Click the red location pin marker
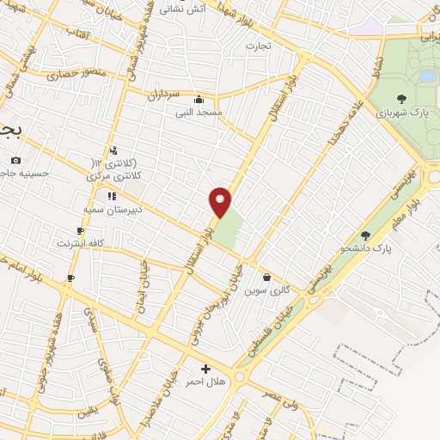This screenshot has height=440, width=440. [x=220, y=201]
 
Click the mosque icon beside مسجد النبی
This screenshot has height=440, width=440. [x=199, y=99]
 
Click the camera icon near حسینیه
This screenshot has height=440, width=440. [x=15, y=160]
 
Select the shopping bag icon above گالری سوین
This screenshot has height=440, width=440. [x=266, y=278]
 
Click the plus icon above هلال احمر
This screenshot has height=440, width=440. [x=205, y=369]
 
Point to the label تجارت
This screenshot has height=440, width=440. [x=259, y=45]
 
